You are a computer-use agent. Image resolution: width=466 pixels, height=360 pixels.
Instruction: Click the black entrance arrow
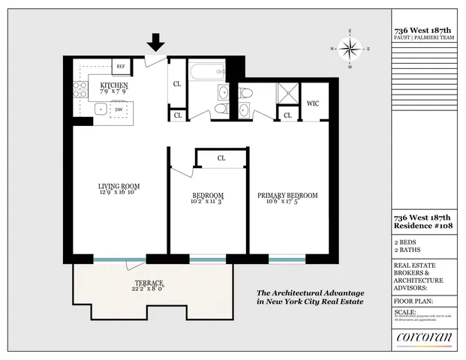(155, 42)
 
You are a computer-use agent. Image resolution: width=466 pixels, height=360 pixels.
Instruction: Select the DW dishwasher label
(119, 109)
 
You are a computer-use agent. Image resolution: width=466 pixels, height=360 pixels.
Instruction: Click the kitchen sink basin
(99, 109)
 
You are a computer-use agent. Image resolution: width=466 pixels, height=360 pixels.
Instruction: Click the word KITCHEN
(114, 85)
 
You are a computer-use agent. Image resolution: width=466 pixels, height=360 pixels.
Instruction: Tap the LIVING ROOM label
(119, 185)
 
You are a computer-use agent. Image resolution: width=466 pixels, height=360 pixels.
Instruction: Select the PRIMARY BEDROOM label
(287, 195)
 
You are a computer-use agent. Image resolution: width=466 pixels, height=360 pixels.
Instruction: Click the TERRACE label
(148, 283)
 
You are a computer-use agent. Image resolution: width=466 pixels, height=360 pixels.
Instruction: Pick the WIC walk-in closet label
(313, 104)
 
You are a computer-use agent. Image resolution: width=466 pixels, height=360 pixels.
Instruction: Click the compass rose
(349, 49)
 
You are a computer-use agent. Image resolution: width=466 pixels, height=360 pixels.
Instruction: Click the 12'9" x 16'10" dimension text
(119, 193)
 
